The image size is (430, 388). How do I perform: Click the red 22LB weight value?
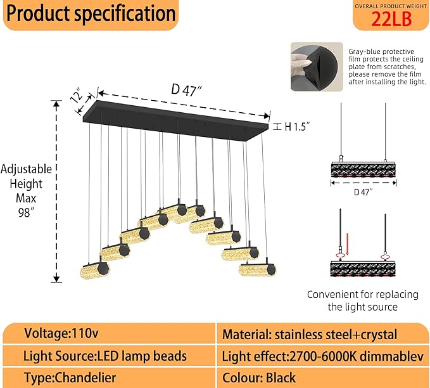391,19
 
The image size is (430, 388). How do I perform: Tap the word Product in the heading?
39,13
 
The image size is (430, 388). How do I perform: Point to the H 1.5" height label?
297,127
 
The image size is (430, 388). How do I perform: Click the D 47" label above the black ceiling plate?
186,90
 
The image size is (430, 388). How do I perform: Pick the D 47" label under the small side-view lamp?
364,192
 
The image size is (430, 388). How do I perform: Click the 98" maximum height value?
27,212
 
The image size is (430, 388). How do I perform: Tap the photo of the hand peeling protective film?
317,67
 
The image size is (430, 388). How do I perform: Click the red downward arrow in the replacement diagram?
347,244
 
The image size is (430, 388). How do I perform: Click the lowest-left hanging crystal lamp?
95,269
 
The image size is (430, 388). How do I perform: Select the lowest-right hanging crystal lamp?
257,269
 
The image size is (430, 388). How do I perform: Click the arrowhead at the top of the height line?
56,104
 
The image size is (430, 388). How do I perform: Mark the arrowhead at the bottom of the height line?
56,279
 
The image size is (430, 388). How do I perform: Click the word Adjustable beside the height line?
27,169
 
